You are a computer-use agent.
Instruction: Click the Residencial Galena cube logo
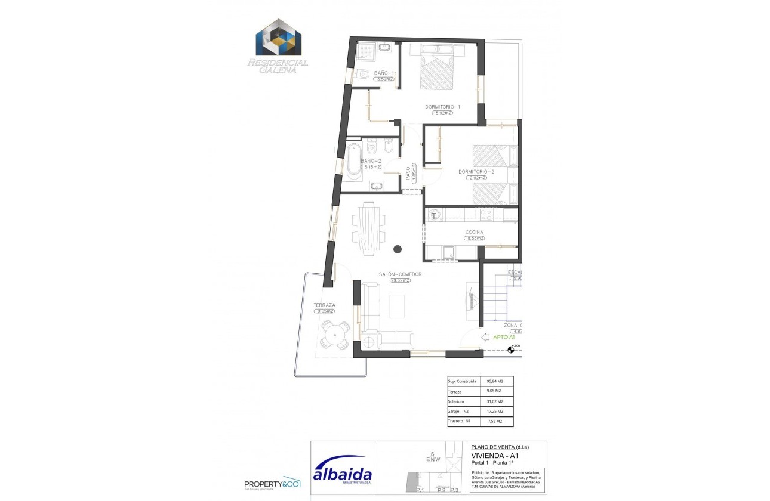coord(279,40)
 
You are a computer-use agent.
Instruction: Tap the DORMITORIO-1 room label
coord(442,107)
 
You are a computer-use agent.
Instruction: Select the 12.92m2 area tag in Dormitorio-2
coord(476,178)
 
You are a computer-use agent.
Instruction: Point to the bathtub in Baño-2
coord(354,160)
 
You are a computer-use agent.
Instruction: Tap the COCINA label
coord(475,232)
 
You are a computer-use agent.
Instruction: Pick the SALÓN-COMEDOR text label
coord(400,274)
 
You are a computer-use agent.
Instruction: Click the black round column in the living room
coord(398,249)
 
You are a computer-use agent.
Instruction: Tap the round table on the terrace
coord(335,335)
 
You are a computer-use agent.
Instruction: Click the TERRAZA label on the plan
coord(324,305)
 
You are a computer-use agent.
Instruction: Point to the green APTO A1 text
coord(504,337)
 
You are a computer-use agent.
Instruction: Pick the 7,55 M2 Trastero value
coord(495,422)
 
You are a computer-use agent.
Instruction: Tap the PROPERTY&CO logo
coord(272,483)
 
